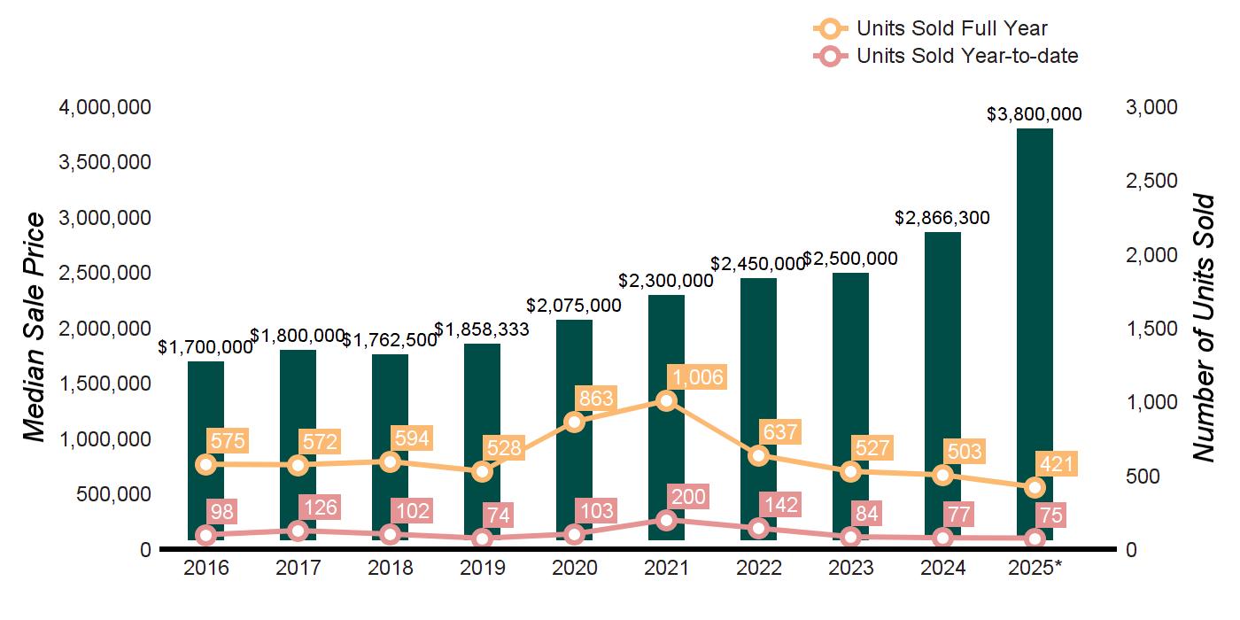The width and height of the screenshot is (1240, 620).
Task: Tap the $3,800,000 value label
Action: (x=1035, y=114)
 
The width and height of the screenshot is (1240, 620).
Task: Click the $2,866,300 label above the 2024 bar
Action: (x=942, y=218)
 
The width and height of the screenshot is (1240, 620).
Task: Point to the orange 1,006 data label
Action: (x=696, y=377)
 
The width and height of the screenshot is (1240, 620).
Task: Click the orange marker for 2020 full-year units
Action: (x=574, y=422)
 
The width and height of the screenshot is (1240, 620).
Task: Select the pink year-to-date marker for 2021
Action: (x=666, y=520)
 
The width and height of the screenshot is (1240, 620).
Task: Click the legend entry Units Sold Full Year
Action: (x=951, y=29)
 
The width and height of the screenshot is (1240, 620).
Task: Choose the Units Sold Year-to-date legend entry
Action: (x=966, y=57)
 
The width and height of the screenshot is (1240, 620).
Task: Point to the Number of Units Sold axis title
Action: (x=1204, y=328)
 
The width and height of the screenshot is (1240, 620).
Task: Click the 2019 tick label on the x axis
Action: (x=482, y=569)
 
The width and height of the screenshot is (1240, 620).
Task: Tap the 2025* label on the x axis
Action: (x=1035, y=569)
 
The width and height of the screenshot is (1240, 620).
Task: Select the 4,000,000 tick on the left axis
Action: (x=105, y=107)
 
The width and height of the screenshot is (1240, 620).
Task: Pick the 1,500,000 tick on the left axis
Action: (x=105, y=384)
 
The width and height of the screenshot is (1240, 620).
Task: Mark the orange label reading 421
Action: (x=1057, y=464)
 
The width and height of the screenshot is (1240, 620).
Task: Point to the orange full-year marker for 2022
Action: (x=758, y=456)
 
